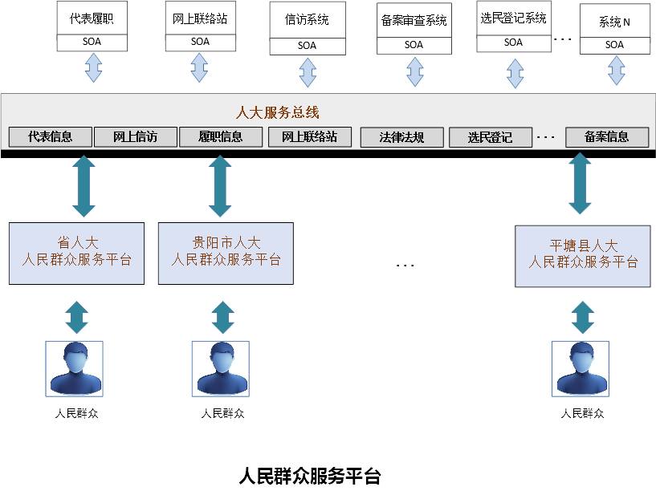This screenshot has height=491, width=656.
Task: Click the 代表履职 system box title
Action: pyautogui.click(x=92, y=18)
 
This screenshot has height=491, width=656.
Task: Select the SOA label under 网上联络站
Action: pyautogui.click(x=200, y=42)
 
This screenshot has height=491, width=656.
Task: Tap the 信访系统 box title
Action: pyautogui.click(x=307, y=20)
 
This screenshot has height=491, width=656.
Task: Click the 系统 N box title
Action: pyautogui.click(x=614, y=22)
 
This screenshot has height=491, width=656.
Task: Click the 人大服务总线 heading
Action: pyautogui.click(x=277, y=113)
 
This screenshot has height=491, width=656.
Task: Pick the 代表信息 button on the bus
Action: pyautogui.click(x=50, y=137)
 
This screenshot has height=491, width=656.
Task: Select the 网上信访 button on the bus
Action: pyautogui.click(x=135, y=137)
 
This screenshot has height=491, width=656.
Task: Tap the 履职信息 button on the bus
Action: pyautogui.click(x=221, y=137)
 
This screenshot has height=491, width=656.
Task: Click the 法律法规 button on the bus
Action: pyautogui.click(x=401, y=137)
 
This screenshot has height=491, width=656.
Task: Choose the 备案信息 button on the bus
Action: pyautogui.click(x=607, y=137)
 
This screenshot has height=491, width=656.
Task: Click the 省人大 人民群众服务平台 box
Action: pyautogui.click(x=76, y=253)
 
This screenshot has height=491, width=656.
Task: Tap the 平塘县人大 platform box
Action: pyautogui.click(x=583, y=255)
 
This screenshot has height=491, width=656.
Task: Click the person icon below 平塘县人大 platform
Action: pyautogui.click(x=582, y=369)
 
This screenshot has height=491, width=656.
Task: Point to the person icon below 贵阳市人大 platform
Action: pyautogui.click(x=221, y=369)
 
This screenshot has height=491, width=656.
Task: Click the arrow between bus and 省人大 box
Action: pyautogui.click(x=84, y=186)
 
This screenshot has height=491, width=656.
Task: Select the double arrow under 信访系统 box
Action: pyautogui.click(x=308, y=72)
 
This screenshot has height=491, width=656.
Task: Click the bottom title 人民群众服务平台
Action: pyautogui.click(x=310, y=476)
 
